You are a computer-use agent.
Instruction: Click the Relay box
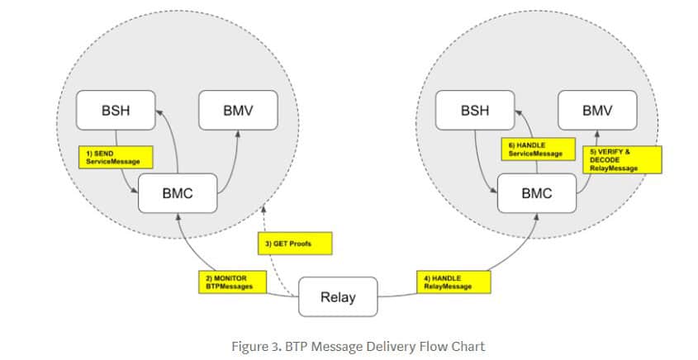pyautogui.click(x=337, y=296)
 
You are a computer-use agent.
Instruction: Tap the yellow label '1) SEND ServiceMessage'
pyautogui.click(x=113, y=157)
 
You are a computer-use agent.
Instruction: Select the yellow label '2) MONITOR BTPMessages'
pyautogui.click(x=232, y=282)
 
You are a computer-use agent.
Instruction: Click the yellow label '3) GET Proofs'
pyautogui.click(x=296, y=244)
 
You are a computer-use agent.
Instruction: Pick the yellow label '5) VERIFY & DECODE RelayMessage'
pyautogui.click(x=623, y=159)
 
